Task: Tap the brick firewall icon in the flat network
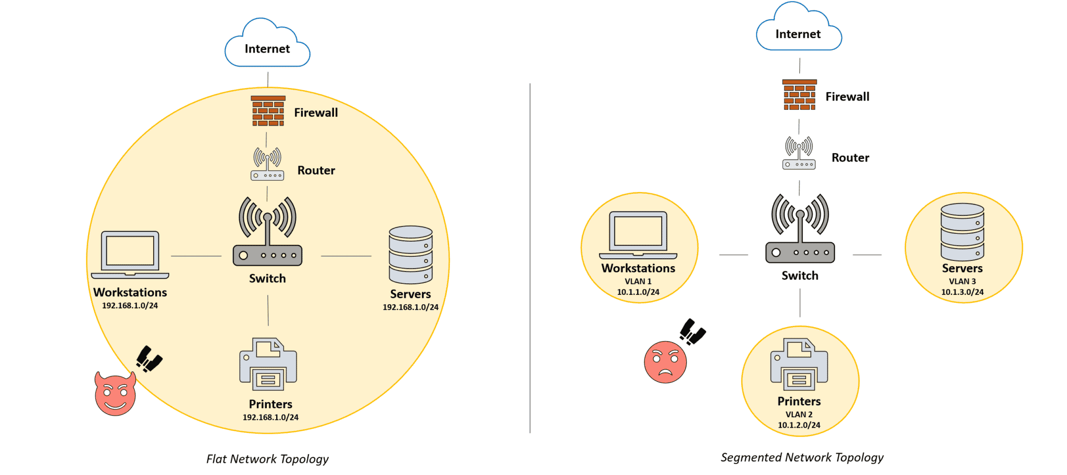pyautogui.click(x=268, y=111)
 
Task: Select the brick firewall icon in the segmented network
pyautogui.click(x=799, y=95)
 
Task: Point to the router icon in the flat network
pyautogui.click(x=267, y=164)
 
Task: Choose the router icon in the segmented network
pyautogui.click(x=799, y=153)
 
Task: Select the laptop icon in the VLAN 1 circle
pyautogui.click(x=638, y=234)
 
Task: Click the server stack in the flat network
pyautogui.click(x=411, y=255)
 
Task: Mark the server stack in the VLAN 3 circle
pyautogui.click(x=962, y=232)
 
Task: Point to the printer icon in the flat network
pyautogui.click(x=268, y=364)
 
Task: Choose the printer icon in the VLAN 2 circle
pyautogui.click(x=799, y=364)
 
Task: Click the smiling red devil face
pyautogui.click(x=115, y=394)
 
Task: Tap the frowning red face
pyautogui.click(x=665, y=362)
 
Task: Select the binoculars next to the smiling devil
pyautogui.click(x=149, y=359)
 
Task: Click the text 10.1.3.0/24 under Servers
pyautogui.click(x=962, y=292)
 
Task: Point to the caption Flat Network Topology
pyautogui.click(x=267, y=459)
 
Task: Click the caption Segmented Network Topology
pyautogui.click(x=802, y=457)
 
